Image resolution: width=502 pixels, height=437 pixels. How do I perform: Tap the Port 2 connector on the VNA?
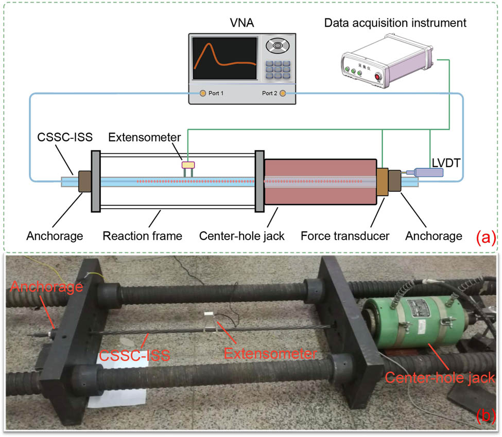point(283,93)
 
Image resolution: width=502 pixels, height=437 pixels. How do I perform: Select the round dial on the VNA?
point(277,47)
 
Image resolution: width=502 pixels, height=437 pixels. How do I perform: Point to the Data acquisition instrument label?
point(395,23)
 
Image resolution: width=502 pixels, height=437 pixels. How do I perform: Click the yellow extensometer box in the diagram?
point(188,165)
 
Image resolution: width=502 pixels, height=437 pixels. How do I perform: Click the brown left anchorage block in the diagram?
point(84,182)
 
